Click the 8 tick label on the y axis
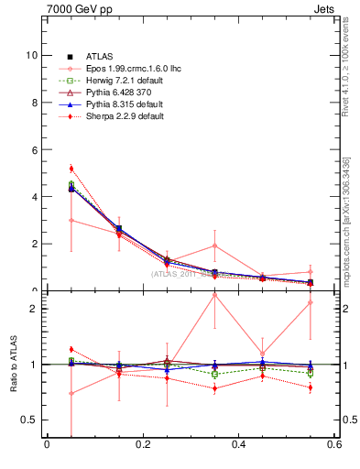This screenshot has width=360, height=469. point(34,103)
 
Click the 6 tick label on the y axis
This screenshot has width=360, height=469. point(34,149)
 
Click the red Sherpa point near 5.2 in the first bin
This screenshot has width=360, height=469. point(71,169)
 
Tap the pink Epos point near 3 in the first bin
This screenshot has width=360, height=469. point(71,220)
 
